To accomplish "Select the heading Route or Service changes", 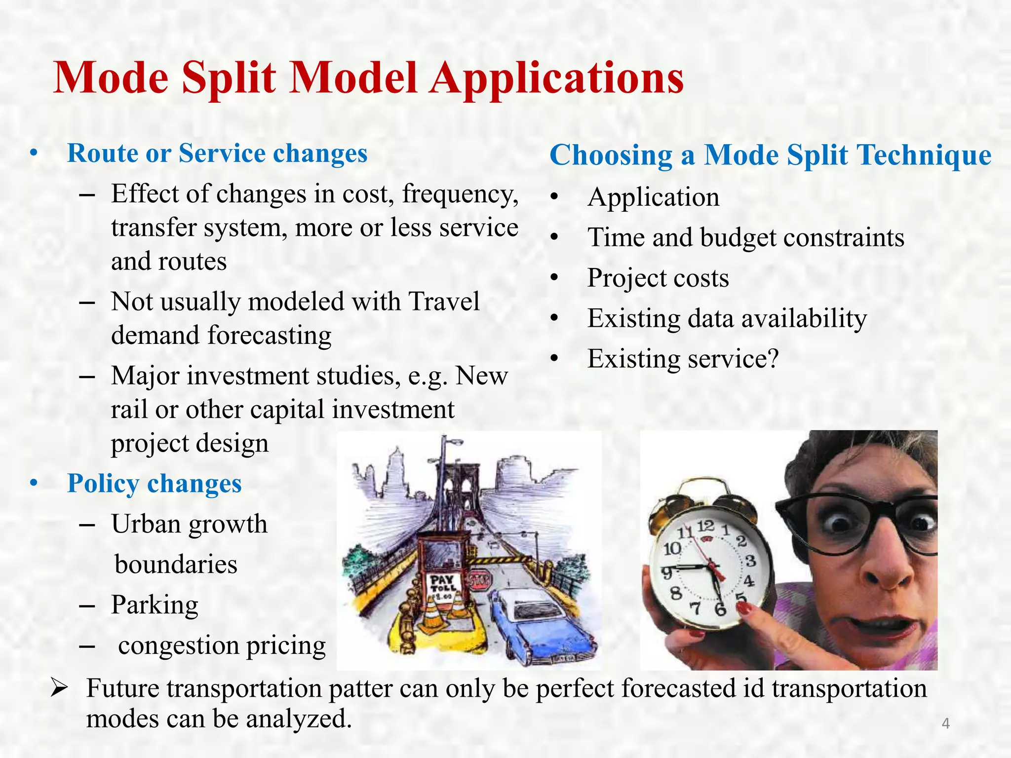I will click(x=217, y=153).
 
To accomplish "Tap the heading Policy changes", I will click(x=154, y=483).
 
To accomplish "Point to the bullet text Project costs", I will click(x=658, y=278).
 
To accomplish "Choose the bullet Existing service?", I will click(x=683, y=359).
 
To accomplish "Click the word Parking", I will click(x=155, y=605).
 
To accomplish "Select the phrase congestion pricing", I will click(x=222, y=645).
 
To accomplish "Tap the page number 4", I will click(x=945, y=724).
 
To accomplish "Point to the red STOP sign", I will click(x=479, y=581).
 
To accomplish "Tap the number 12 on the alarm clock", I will click(x=705, y=526).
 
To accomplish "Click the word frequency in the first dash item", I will click(x=460, y=194).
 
